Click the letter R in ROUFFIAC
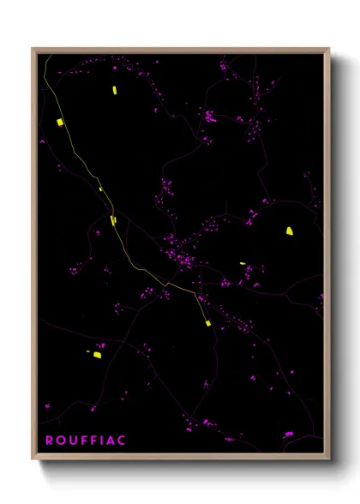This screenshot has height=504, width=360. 49,441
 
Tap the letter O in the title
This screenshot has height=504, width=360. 59,441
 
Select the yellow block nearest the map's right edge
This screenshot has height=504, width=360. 290,231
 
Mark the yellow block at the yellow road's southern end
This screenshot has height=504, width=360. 207,323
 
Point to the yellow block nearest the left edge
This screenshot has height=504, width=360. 60,123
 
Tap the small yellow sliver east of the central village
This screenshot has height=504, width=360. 243,263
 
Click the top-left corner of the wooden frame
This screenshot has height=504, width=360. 33,50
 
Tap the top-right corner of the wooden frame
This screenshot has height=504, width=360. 328,50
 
